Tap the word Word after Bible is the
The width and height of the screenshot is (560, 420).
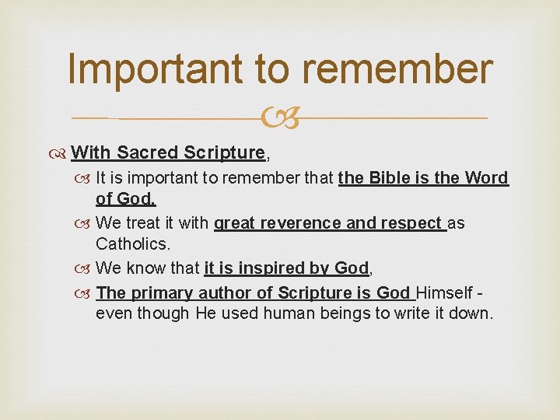pos(487,178)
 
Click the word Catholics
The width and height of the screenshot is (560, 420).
pos(132,244)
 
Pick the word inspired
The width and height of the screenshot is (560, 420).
pos(271,268)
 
